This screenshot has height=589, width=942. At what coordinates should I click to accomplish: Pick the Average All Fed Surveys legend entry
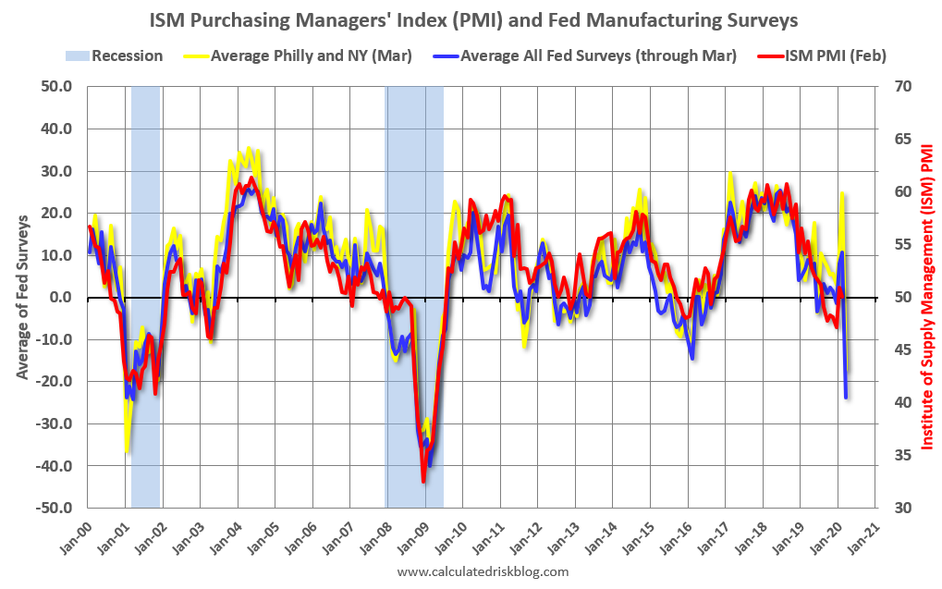585,55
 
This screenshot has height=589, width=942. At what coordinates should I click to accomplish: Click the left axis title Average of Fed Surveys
22,296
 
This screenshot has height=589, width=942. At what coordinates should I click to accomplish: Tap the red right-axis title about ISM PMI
924,296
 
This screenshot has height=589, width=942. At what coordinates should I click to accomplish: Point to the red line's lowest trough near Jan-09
423,482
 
